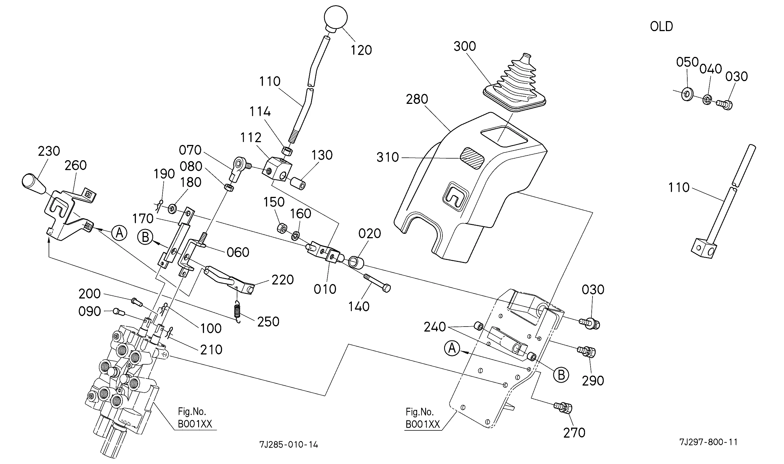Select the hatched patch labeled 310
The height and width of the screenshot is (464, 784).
click(472, 158)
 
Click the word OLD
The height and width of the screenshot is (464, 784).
click(661, 27)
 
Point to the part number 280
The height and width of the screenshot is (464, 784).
click(417, 99)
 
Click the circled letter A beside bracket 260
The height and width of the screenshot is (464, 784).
click(119, 233)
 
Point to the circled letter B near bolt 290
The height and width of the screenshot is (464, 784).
click(561, 375)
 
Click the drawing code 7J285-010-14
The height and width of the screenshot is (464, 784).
click(288, 444)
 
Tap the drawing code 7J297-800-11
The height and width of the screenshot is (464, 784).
click(708, 442)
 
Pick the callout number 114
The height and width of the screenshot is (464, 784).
click(260, 112)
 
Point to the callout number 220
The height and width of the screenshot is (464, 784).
click(283, 280)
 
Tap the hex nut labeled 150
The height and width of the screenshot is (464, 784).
click(282, 228)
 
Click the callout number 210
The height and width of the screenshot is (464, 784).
click(211, 350)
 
